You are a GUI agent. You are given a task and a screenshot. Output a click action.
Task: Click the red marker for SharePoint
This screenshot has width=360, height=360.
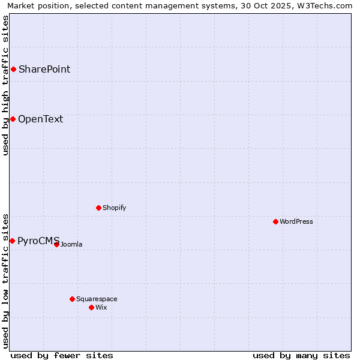point(13,70)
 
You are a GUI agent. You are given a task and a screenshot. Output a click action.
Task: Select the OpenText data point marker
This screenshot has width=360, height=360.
point(13,119)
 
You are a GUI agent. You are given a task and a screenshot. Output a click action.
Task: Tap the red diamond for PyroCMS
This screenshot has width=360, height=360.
point(12,241)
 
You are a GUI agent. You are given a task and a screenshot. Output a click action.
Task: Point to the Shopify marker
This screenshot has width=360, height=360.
point(99,208)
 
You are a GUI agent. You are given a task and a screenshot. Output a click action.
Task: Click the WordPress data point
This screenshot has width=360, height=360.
point(275,221)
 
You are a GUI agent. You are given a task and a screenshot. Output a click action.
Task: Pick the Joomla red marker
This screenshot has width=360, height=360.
point(56,244)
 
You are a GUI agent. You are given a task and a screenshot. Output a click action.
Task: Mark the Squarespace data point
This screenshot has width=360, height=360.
point(72,299)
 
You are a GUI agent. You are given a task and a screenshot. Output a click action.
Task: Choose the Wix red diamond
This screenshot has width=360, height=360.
point(91,307)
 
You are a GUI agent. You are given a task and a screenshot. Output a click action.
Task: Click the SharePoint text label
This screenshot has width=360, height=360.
point(44,70)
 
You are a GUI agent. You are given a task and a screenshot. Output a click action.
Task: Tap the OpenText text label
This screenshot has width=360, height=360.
point(40,119)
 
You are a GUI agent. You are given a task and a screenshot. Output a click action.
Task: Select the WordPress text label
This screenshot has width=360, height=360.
point(296,221)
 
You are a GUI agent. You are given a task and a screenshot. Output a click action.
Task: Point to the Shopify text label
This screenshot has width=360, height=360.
point(114,208)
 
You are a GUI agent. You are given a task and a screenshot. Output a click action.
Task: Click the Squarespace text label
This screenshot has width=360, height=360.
point(97,299)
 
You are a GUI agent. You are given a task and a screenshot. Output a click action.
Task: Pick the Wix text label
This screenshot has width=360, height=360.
point(101,307)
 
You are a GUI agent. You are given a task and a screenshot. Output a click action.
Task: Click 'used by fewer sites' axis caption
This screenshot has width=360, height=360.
point(62,355)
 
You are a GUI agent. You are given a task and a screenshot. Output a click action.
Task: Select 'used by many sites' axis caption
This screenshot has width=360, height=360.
point(301,355)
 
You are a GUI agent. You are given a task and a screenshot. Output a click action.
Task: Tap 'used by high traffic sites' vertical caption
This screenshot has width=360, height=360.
point(5,85)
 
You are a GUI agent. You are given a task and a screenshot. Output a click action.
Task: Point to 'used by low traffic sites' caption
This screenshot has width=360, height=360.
point(5,281)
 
